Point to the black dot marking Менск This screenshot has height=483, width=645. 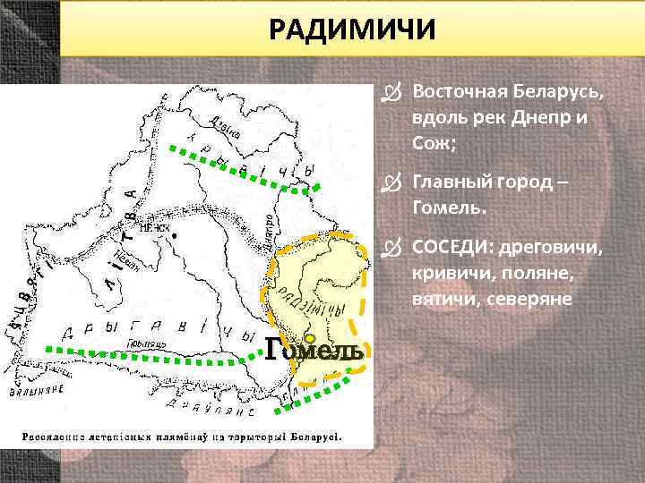[x=176, y=235]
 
